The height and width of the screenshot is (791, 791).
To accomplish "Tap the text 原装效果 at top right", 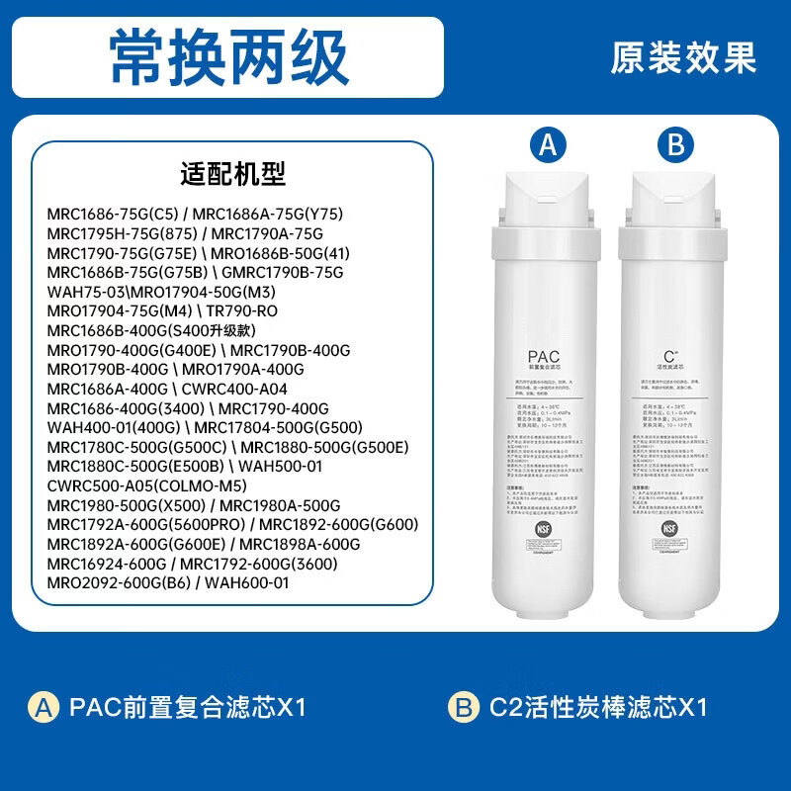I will click(x=682, y=57).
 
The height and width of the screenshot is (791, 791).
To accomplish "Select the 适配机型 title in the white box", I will click(x=233, y=174).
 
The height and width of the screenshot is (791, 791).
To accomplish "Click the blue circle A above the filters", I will click(x=550, y=145).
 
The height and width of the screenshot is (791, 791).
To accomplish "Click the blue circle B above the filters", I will click(x=675, y=145).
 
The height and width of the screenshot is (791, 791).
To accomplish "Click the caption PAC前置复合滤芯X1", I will click(x=188, y=707).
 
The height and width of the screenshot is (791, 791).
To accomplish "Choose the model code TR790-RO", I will click(x=241, y=310).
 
